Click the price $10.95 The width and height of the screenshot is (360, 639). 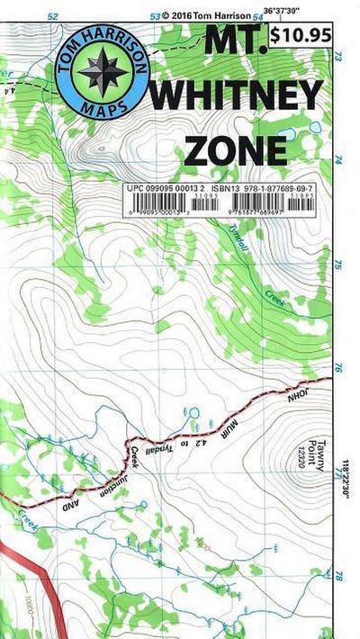point(303,35)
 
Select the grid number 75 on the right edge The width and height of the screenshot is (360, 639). point(339,265)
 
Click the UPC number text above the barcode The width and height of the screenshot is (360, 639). point(160,190)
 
